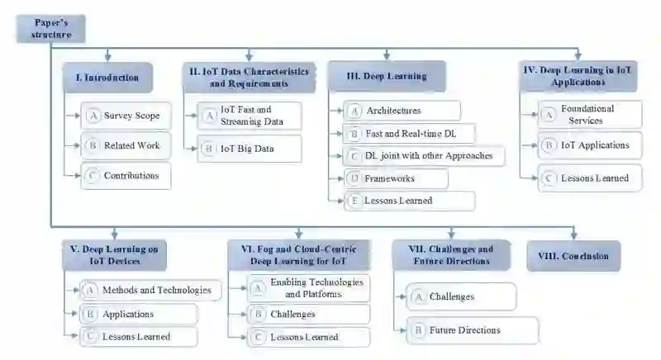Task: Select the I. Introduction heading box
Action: coord(107,78)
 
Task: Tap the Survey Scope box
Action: coord(126,116)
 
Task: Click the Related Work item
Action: coord(126,145)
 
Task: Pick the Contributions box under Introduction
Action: coord(126,176)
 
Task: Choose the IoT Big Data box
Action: coord(249,149)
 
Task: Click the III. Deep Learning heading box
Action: coord(387,76)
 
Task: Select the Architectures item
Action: coord(402,111)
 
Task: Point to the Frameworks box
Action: coord(396,178)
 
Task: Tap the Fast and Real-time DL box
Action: coord(411,133)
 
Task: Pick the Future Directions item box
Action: coord(470,329)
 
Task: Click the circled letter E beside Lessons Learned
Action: coord(354,201)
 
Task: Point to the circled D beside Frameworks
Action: coord(354,178)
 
